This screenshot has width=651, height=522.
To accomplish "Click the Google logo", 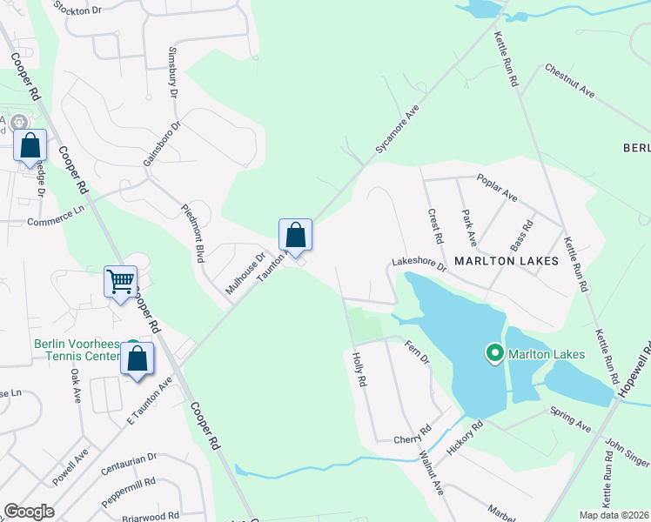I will point(29,512).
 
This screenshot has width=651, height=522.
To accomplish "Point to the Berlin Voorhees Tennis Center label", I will point(79,350).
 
